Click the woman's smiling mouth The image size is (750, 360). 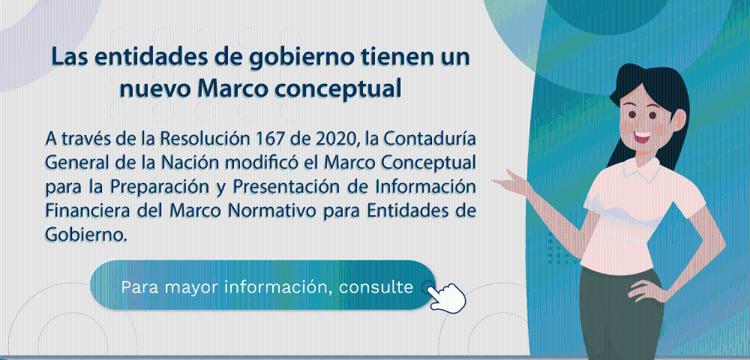coord(641,136)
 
